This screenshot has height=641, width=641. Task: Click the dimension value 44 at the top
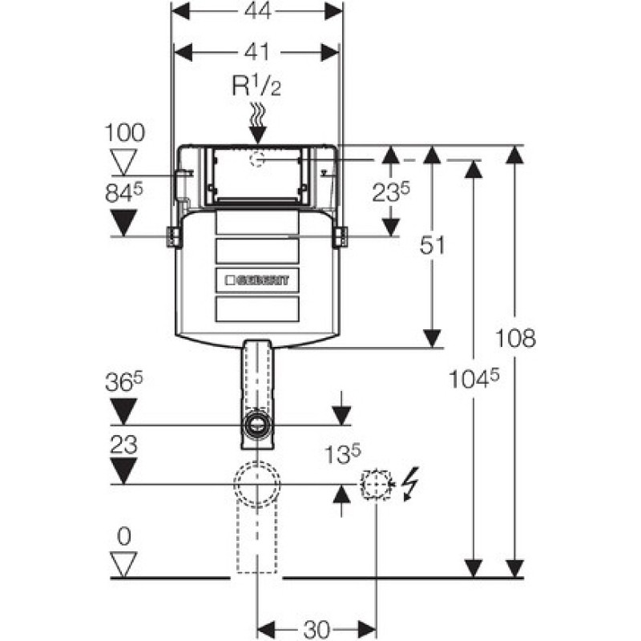coord(257,10)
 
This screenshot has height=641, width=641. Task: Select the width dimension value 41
coord(257,52)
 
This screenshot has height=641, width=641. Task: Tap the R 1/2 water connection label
coord(256,86)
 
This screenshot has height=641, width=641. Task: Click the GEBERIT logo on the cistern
coord(257,280)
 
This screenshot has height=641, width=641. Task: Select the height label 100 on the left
coord(125,133)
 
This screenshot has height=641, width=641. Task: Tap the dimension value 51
coord(433,246)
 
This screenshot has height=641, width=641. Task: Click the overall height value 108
coord(515,338)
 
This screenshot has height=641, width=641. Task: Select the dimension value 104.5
coord(474,378)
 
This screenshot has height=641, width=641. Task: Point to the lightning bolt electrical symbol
coord(410,484)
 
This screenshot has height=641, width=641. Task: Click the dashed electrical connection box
coord(376,485)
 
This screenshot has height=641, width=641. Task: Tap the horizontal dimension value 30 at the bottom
coord(316,629)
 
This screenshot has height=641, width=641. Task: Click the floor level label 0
coord(124,536)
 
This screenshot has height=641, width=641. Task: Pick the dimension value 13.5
coord(343,454)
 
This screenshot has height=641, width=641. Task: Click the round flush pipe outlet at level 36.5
coord(257,425)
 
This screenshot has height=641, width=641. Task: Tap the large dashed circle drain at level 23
coord(257,484)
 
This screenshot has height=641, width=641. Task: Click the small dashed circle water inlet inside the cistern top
coord(257,159)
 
